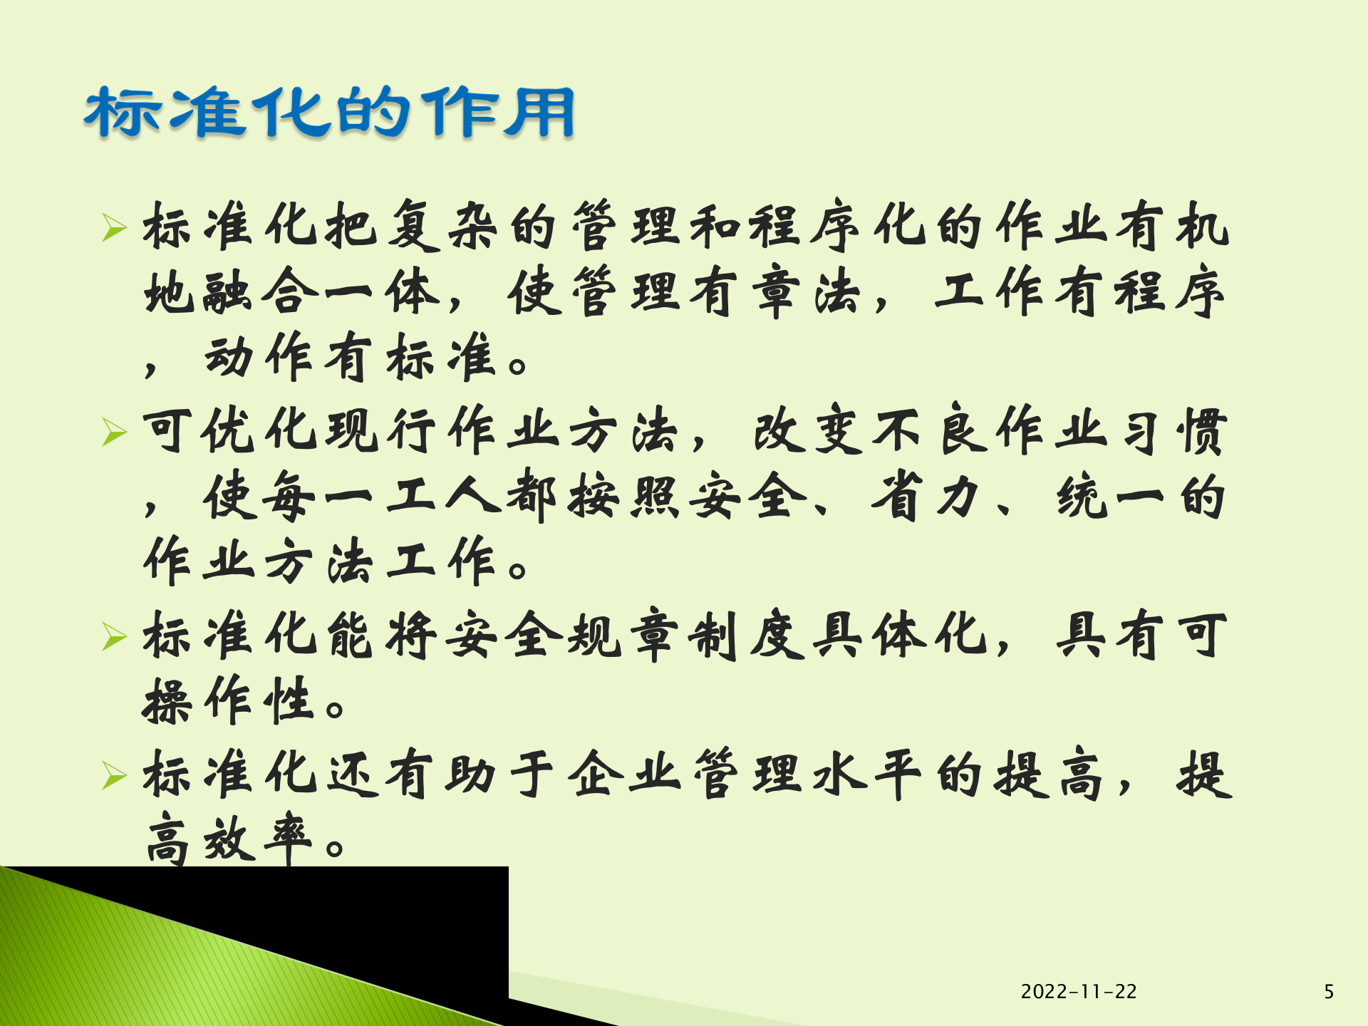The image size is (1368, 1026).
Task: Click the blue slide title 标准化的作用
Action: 329,113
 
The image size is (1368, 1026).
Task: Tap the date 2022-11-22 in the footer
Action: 1078,991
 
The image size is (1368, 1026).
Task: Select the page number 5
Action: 1328,991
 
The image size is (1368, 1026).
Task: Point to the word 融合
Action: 261,292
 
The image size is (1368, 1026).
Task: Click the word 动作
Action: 259,357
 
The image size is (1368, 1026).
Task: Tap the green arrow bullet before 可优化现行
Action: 114,432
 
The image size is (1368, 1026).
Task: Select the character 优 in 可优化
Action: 228,432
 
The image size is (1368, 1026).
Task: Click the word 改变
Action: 809,432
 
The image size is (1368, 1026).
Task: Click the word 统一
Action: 1111,497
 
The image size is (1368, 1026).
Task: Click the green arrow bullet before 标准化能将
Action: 114,636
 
